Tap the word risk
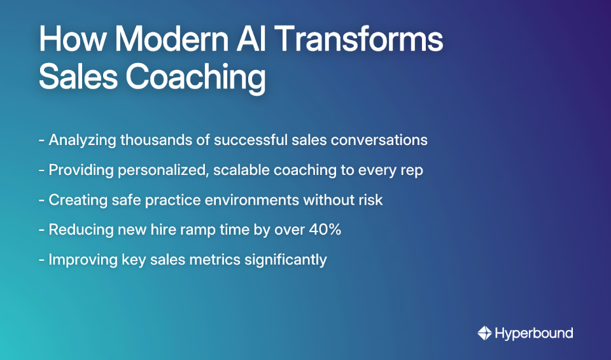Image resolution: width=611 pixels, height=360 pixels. point(369,200)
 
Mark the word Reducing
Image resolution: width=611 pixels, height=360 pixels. point(76,230)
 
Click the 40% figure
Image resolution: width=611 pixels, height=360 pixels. point(325,230)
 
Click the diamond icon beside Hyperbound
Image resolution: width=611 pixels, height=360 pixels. point(484,333)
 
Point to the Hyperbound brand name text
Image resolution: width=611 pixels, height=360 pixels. point(533,333)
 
